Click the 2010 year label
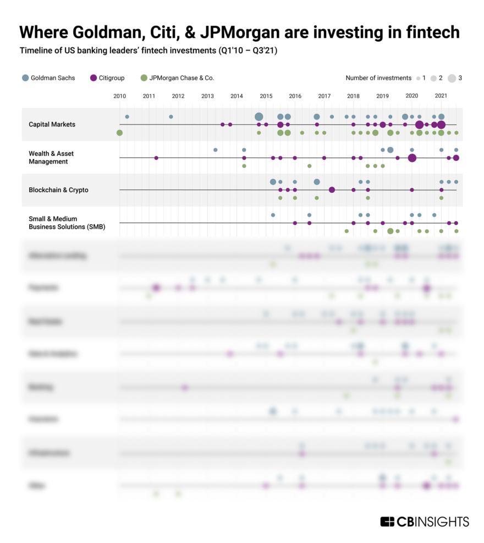(119, 96)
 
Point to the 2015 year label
(266, 96)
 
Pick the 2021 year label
(441, 96)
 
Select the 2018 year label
(353, 96)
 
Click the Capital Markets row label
(52, 124)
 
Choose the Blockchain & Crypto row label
(58, 190)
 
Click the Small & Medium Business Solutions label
(67, 222)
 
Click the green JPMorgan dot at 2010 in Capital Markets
(119, 133)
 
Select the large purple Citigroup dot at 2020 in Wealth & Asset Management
(412, 158)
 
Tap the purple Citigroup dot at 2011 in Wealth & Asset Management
(156, 158)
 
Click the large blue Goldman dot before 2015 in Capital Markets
(258, 117)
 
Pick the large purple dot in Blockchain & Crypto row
(332, 190)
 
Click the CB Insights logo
(424, 522)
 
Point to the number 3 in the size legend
(460, 78)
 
